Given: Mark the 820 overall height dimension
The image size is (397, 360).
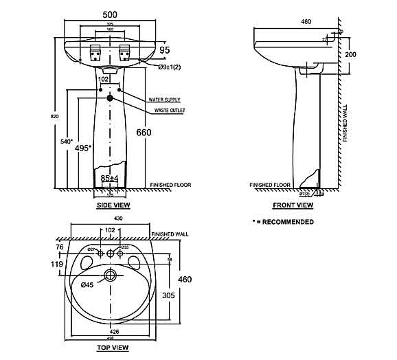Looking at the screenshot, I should (45, 116).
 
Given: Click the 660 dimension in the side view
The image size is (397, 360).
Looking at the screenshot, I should (144, 132).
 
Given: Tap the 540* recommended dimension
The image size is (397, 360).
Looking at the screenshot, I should (67, 142).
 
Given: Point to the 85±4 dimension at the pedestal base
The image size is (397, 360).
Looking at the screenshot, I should (110, 179).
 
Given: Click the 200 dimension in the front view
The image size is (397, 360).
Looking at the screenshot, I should (352, 54).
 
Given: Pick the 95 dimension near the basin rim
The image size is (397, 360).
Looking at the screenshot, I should (164, 49).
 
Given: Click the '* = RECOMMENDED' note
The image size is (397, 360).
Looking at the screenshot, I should (283, 222).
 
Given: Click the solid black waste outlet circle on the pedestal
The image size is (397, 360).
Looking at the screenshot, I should (110, 98).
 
